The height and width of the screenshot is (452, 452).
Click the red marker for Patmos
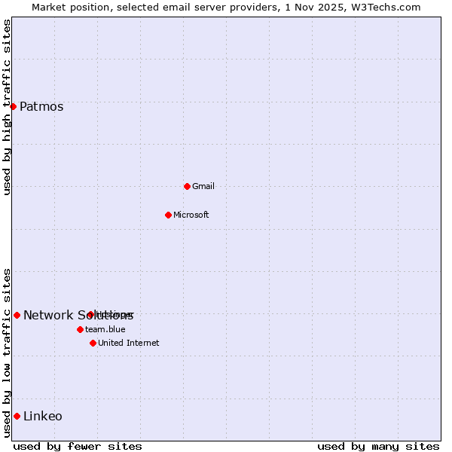coord(13,106)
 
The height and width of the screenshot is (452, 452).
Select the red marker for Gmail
coord(187,186)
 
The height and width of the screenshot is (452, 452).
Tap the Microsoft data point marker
coord(168,215)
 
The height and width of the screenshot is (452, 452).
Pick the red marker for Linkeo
coord(17,416)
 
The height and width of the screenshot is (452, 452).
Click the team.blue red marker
coord(80,329)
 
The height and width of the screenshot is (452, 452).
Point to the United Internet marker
coord(93,343)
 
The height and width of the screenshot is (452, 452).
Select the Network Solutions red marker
coord(17,315)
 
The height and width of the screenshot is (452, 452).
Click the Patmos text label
coord(41,106)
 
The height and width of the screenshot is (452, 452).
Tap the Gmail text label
coord(203,186)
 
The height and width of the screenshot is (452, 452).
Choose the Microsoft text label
coord(191,215)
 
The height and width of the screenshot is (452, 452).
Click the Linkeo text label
coord(43,416)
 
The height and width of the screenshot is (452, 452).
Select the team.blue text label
coord(105,329)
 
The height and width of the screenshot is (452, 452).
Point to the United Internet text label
coord(129,343)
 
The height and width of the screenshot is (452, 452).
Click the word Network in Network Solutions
coord(47,315)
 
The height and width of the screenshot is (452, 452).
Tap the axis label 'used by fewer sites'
coord(78,446)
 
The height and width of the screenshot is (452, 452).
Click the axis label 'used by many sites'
coord(378,446)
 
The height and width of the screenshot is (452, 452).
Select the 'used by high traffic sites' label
coord(7,107)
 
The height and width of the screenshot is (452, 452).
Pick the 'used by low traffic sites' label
coord(7,353)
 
